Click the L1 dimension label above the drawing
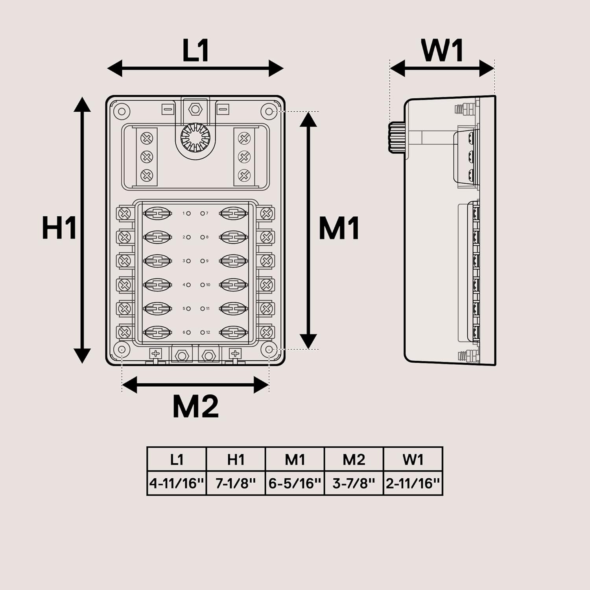pos(195,51)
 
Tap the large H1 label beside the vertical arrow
pos(59,228)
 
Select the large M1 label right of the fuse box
pos(339,229)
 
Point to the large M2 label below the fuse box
pos(195,407)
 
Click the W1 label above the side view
pos(442,51)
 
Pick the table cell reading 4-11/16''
pos(177,483)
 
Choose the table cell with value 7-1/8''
pos(236,483)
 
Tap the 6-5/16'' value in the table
pos(295,483)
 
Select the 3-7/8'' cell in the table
pos(354,483)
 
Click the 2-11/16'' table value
pos(413,483)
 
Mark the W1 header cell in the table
pos(413,459)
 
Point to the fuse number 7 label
pos(207,213)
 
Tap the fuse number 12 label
pos(208,332)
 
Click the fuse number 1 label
pos(183,213)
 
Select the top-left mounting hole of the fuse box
pos(122,111)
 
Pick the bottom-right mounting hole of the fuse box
pos(269,349)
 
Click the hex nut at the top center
pos(195,109)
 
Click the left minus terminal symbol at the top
pos(168,109)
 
